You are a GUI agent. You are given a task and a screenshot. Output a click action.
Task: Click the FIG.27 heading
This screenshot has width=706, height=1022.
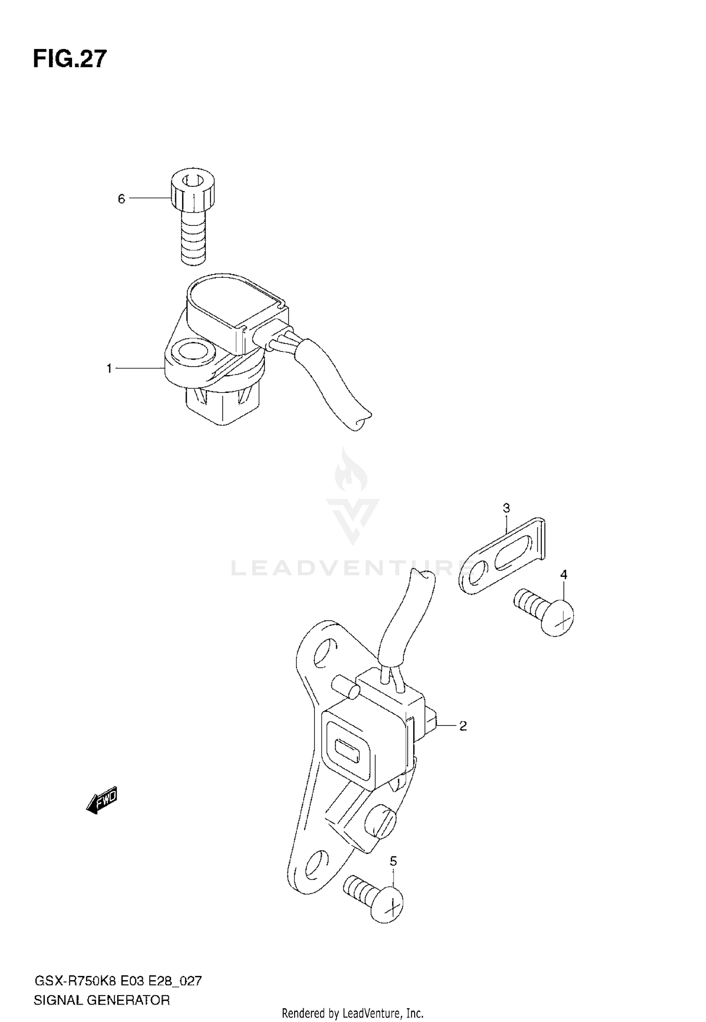pos(70,59)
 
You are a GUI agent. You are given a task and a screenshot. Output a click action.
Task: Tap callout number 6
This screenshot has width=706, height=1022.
pos(121,199)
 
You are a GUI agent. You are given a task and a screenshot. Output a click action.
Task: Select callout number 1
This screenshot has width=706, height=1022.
pos(109,368)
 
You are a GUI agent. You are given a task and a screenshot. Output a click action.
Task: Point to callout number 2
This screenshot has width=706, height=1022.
pos(463,726)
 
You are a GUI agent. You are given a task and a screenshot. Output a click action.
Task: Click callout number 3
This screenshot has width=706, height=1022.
pos(506,508)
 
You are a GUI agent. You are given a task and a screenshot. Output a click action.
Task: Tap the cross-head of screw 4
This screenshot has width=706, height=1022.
pos(558,617)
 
